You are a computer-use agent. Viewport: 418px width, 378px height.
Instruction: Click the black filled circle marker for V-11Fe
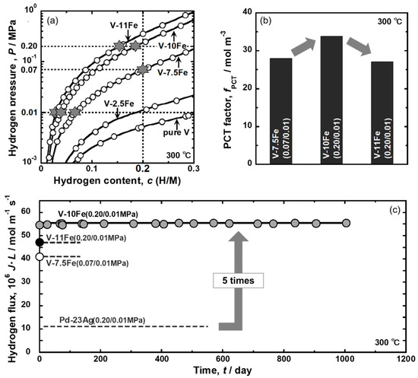point(40,242)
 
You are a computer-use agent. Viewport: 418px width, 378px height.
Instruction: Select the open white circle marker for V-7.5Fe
point(40,257)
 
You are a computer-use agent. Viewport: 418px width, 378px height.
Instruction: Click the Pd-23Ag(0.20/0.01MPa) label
point(106,320)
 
